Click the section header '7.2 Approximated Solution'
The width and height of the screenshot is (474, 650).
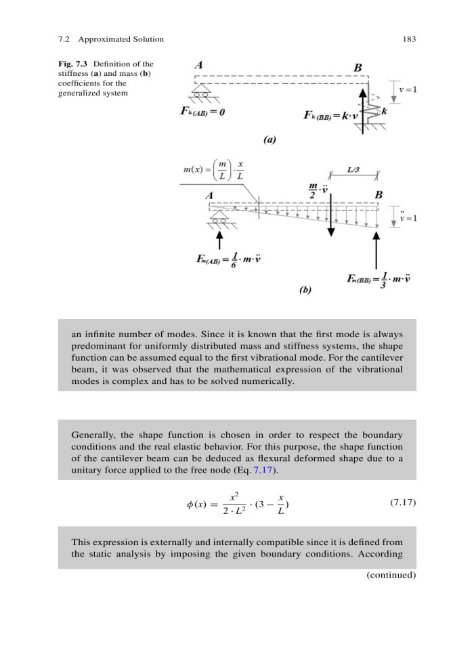pos(108,39)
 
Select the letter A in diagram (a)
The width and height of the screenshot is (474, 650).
pos(198,66)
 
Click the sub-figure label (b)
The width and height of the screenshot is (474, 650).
pos(305,290)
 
